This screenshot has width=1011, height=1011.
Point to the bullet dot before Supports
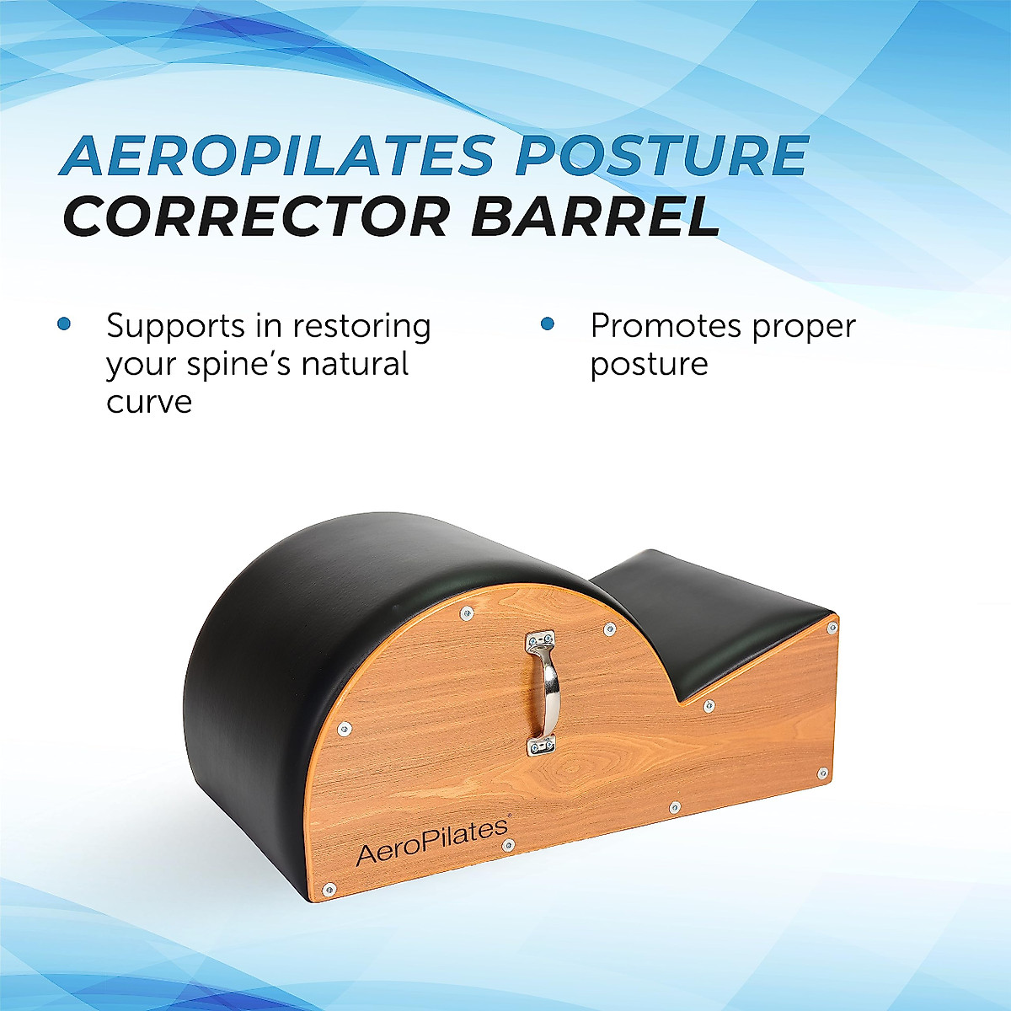pyautogui.click(x=64, y=324)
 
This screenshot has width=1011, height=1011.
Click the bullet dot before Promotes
pyautogui.click(x=548, y=324)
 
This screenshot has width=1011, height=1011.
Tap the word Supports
pyautogui.click(x=176, y=327)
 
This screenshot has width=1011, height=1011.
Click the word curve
pyautogui.click(x=149, y=402)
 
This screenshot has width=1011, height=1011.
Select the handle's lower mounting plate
pyautogui.click(x=541, y=745)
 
